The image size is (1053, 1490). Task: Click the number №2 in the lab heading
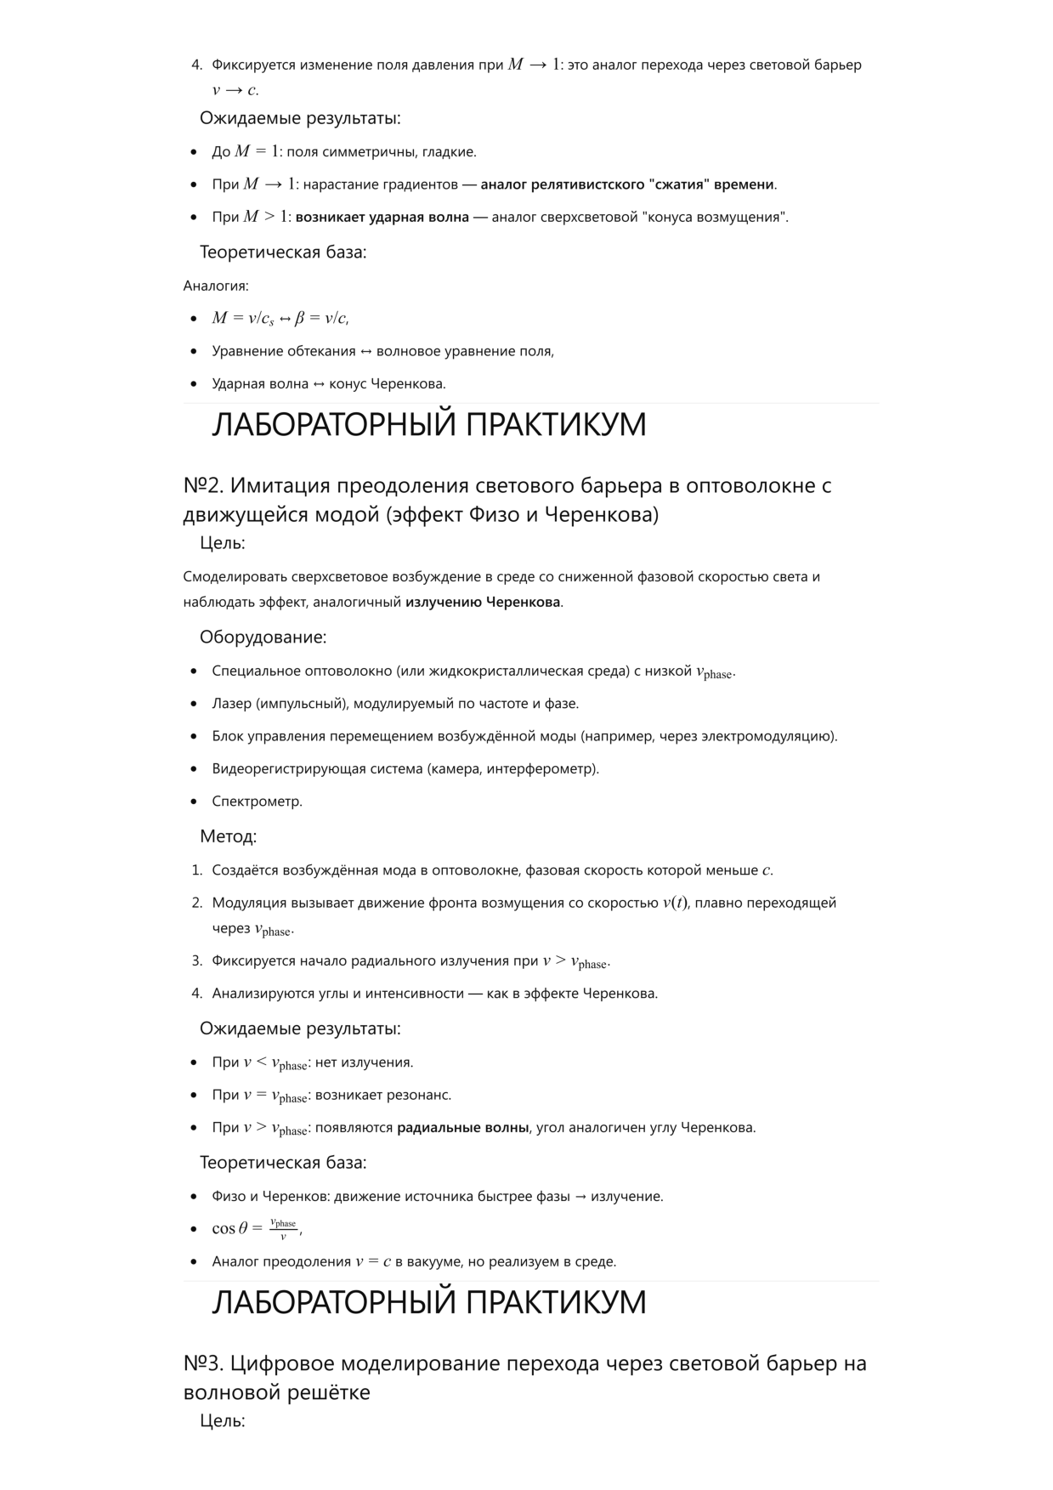coord(202,485)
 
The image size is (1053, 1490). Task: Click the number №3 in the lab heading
coord(202,1363)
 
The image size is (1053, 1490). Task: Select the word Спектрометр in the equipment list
coord(256,801)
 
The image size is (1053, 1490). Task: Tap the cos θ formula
coord(255,1228)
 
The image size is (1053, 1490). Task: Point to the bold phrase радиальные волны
coord(462,1127)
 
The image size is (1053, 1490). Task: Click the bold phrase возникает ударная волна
coord(382,217)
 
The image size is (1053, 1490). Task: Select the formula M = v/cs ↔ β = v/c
coord(280,318)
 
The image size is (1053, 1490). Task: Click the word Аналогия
coord(216,286)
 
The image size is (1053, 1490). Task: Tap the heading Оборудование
coord(263,637)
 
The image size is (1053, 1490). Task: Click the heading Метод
coord(228,836)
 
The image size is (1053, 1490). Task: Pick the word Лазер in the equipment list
coord(231,703)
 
